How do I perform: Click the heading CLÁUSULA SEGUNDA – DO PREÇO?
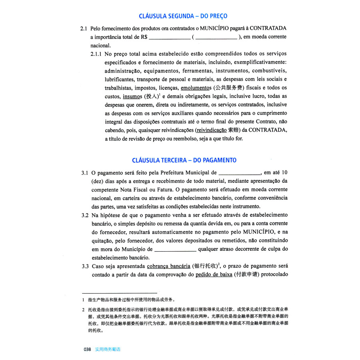click(x=183, y=16)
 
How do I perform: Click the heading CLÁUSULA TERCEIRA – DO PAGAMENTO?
click(x=184, y=160)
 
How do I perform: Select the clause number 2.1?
click(x=83, y=29)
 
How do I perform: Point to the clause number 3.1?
click(x=84, y=173)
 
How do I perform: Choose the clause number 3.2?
click(x=84, y=215)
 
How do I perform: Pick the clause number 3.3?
click(x=84, y=266)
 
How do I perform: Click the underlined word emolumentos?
click(x=196, y=88)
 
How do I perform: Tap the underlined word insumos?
click(x=132, y=96)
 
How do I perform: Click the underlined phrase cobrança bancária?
click(x=168, y=266)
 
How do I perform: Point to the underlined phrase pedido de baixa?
click(x=214, y=275)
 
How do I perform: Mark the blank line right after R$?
click(x=169, y=37)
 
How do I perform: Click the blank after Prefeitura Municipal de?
click(x=240, y=174)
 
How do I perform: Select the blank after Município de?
click(x=175, y=249)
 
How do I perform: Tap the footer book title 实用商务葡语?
click(x=108, y=349)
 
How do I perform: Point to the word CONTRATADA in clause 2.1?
click(x=269, y=29)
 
